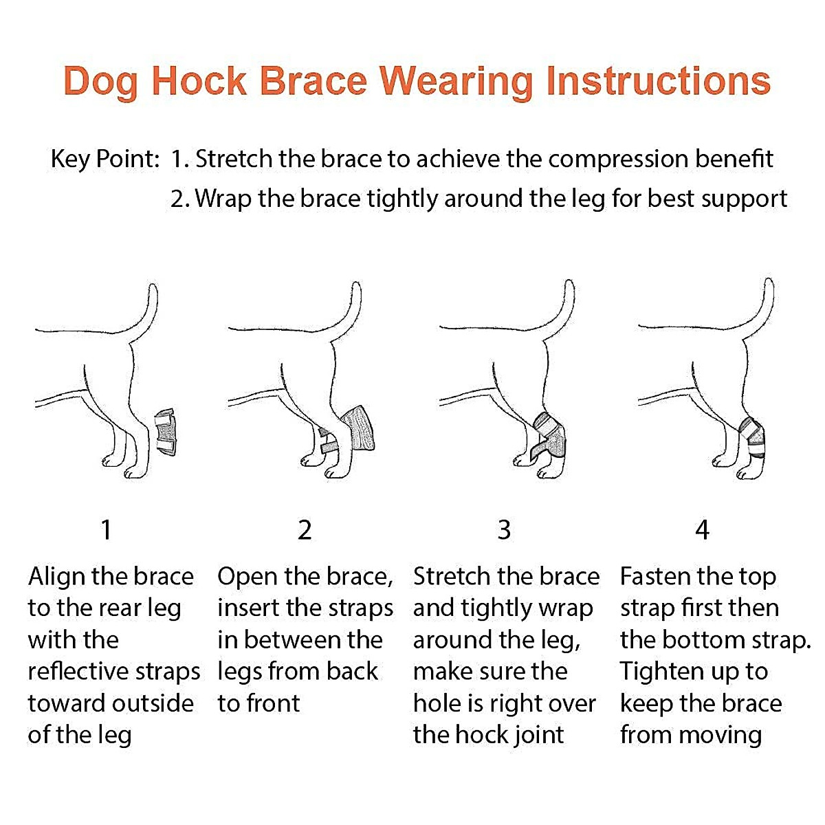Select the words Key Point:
tap(104, 159)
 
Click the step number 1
tap(106, 530)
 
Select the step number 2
tap(305, 530)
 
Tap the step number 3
tap(504, 530)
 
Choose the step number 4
tap(701, 530)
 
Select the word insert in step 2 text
tap(248, 608)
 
